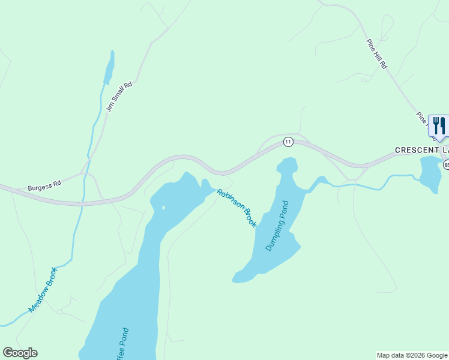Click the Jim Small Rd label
pos(118,97)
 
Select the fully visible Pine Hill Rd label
pos(377,55)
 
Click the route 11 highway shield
pos(289,142)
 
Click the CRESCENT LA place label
pos(421,149)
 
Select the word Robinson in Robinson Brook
pos(231,200)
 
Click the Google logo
pos(20,353)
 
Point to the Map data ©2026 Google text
pos(412,355)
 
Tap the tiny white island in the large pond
pos(163,208)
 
